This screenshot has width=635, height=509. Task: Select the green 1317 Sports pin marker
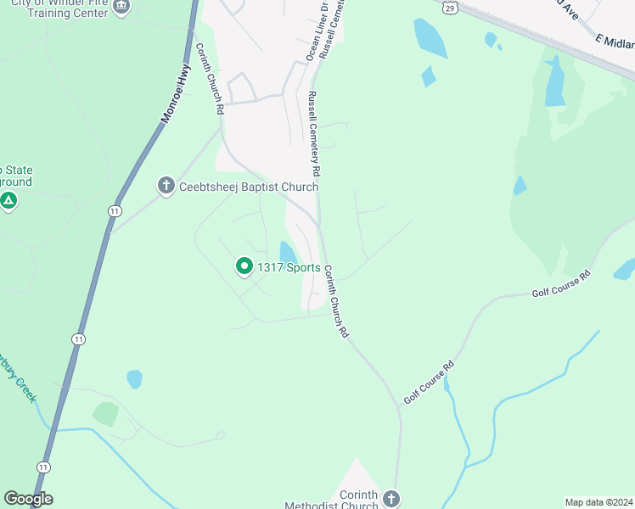244,267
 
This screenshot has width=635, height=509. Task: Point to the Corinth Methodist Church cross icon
391,498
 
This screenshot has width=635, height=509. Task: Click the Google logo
28,499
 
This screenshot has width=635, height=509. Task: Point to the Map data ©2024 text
598,501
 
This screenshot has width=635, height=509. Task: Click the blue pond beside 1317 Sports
288,252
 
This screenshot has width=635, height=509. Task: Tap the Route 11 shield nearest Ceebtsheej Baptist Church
115,210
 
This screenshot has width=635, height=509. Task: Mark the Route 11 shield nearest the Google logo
42,467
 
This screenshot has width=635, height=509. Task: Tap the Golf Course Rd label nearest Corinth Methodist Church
430,381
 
